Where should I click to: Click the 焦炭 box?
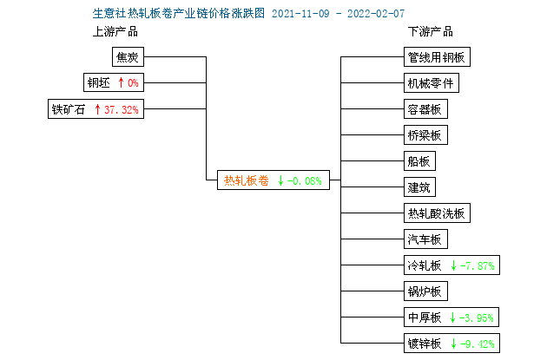(128, 56)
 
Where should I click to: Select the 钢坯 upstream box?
(114, 82)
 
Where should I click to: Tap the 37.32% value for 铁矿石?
(122, 110)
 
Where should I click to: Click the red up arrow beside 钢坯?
(121, 82)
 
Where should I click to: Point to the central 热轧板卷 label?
(247, 180)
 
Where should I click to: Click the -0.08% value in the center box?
(304, 181)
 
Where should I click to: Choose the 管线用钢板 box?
(437, 56)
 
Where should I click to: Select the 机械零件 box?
(432, 83)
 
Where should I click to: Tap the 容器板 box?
(425, 109)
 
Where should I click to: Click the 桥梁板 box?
(425, 134)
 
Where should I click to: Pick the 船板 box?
(419, 161)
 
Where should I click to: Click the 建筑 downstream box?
(419, 187)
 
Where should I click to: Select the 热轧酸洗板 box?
(437, 213)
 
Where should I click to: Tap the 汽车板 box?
(425, 239)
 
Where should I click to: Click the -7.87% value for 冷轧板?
(478, 266)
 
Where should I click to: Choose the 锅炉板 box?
(425, 291)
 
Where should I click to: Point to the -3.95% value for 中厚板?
(477, 317)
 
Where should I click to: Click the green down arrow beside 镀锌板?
(453, 344)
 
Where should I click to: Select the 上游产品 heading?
(115, 32)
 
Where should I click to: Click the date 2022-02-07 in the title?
(376, 14)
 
